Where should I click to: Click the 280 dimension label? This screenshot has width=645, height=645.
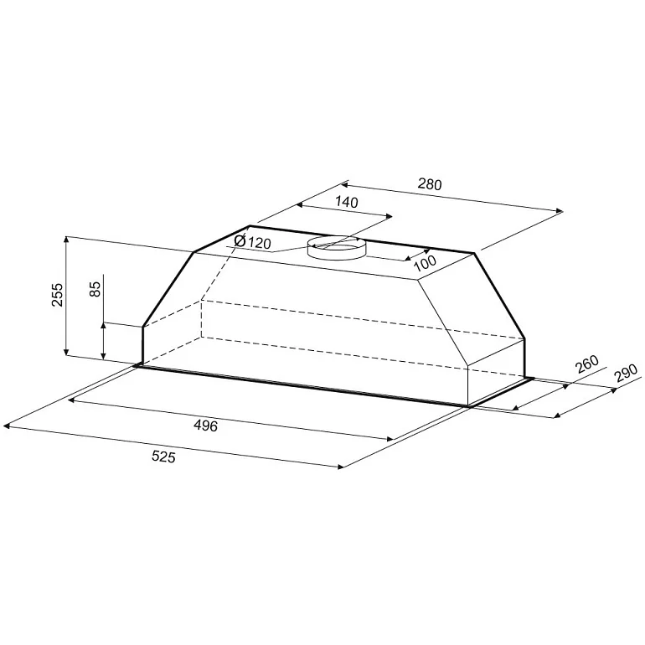point(430,184)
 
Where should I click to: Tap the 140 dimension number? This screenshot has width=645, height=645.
point(347,202)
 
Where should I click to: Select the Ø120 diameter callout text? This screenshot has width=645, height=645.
point(252,242)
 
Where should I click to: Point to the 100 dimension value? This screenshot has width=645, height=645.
point(425,263)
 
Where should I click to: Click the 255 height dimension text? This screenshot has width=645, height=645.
point(58,295)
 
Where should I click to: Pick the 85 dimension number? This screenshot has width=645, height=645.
point(95,289)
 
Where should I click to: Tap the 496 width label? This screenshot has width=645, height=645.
point(205,426)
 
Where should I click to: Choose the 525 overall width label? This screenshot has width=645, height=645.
point(163,457)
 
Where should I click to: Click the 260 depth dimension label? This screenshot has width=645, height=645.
point(586,364)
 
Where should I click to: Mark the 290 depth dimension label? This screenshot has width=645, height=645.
point(625,373)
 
